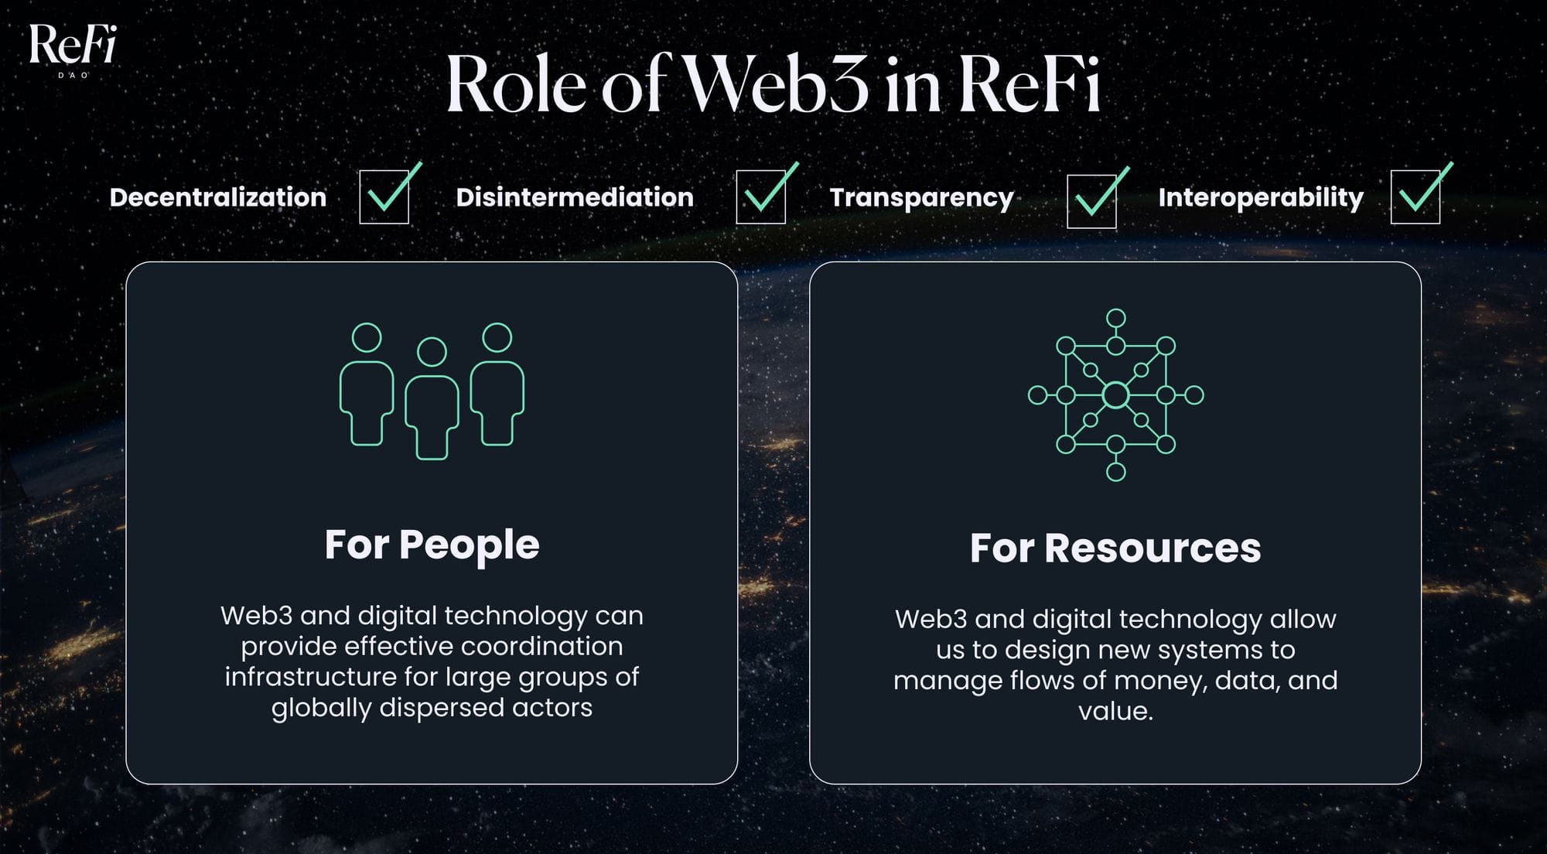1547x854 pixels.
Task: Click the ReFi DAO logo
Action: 73,48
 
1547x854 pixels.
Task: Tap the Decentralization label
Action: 218,197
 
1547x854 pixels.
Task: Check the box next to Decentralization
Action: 384,197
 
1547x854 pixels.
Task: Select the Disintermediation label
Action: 575,197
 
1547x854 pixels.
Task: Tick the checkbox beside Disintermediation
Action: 761,197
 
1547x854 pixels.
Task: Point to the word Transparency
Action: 921,197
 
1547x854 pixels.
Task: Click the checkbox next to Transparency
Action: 1091,201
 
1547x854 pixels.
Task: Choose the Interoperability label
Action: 1261,197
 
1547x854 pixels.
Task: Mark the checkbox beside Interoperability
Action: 1416,197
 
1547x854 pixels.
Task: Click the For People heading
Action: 432,545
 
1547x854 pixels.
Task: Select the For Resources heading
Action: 1115,548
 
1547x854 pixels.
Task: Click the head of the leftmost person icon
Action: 367,338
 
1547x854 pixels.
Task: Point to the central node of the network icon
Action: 1115,395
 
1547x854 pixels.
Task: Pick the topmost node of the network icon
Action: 1115,319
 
